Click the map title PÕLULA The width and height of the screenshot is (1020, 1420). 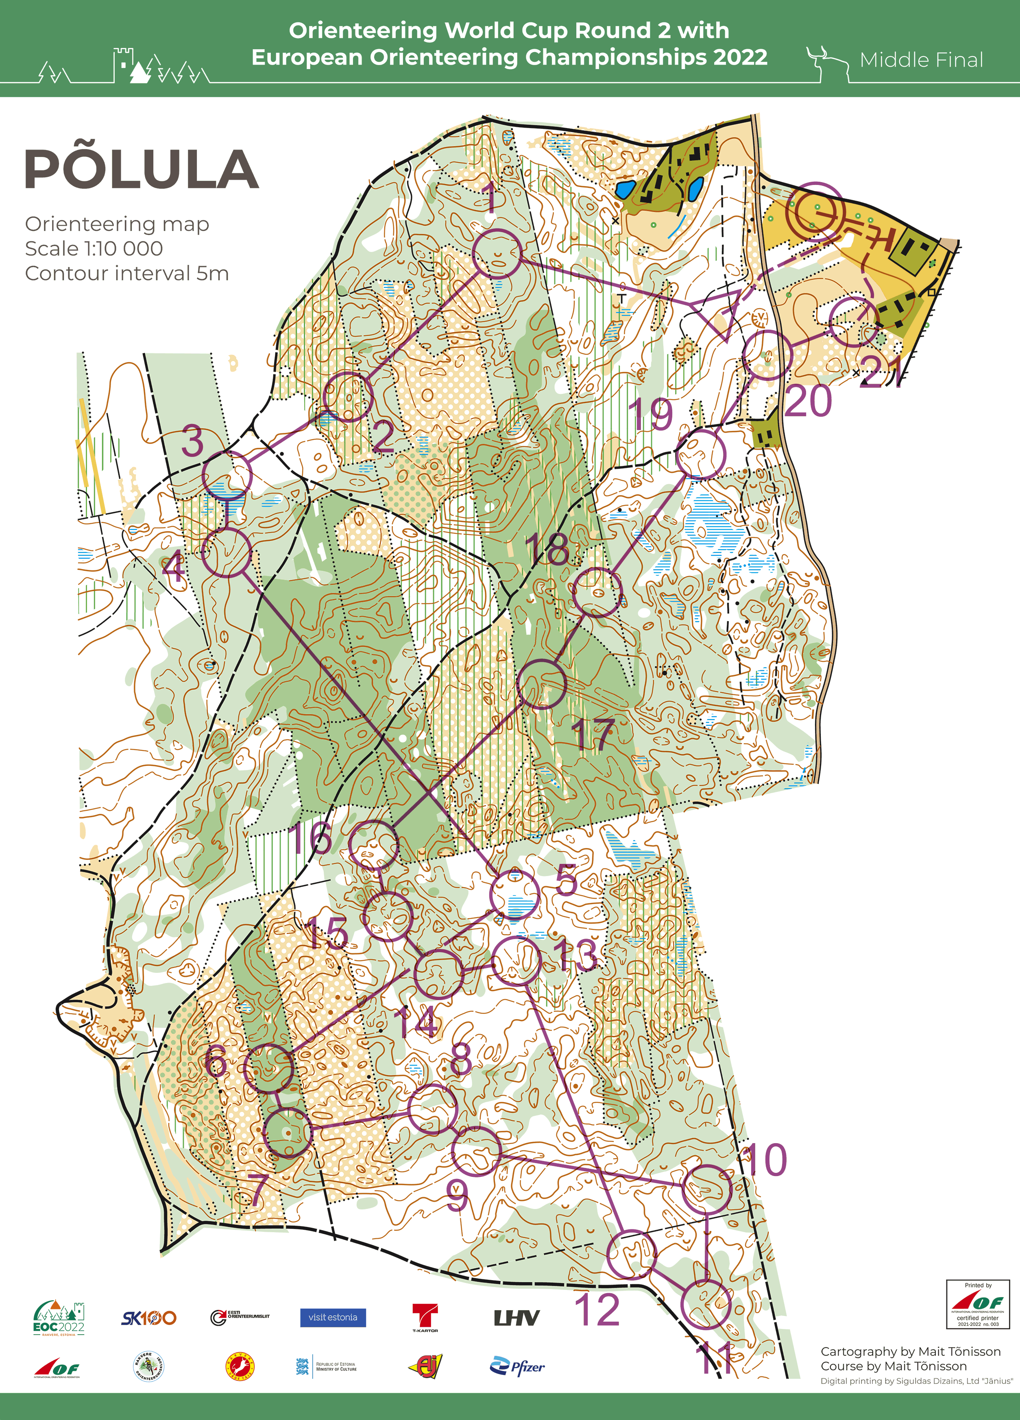click(142, 170)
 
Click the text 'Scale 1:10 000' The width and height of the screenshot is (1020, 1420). click(94, 248)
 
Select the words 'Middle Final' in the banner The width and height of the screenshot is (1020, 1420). click(921, 60)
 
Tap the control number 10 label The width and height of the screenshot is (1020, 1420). click(763, 1159)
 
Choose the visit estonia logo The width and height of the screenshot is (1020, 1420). click(333, 1317)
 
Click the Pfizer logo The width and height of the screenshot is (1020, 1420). click(517, 1366)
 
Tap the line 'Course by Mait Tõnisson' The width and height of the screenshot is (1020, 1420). click(894, 1366)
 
